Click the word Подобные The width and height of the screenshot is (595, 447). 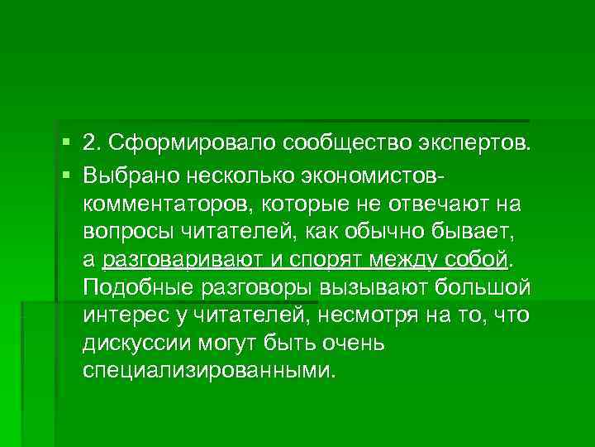[132, 287]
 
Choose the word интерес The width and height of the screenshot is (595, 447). [121, 316]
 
